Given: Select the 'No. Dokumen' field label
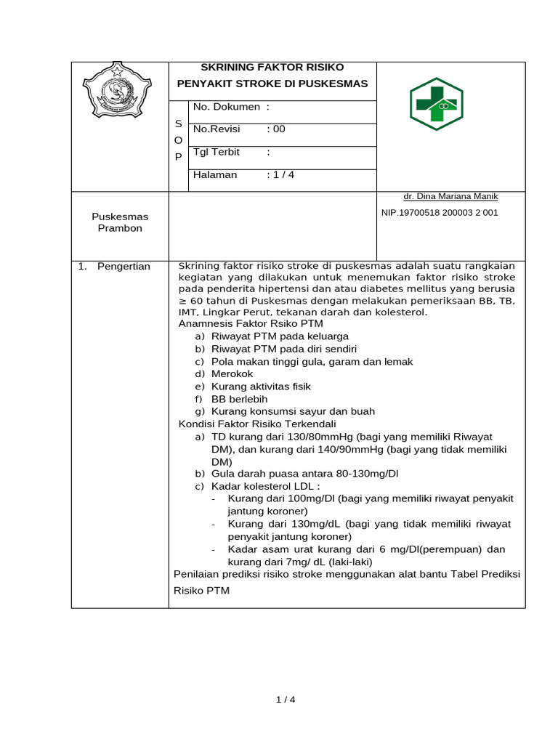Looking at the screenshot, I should point(226,107).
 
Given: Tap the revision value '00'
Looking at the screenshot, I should point(279,129).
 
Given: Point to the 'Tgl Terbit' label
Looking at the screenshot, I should point(217,153).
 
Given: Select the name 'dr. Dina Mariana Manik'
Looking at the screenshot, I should point(450,197).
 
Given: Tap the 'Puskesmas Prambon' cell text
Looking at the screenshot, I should point(120,222).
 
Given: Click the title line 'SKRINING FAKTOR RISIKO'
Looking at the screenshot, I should point(272,68).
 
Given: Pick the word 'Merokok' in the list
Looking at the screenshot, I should point(232,373).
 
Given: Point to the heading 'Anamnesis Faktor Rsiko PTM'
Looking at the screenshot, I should point(251,323).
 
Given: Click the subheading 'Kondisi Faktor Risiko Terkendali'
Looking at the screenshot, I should point(257,424).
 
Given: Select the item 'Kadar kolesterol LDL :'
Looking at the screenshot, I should point(265,486).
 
